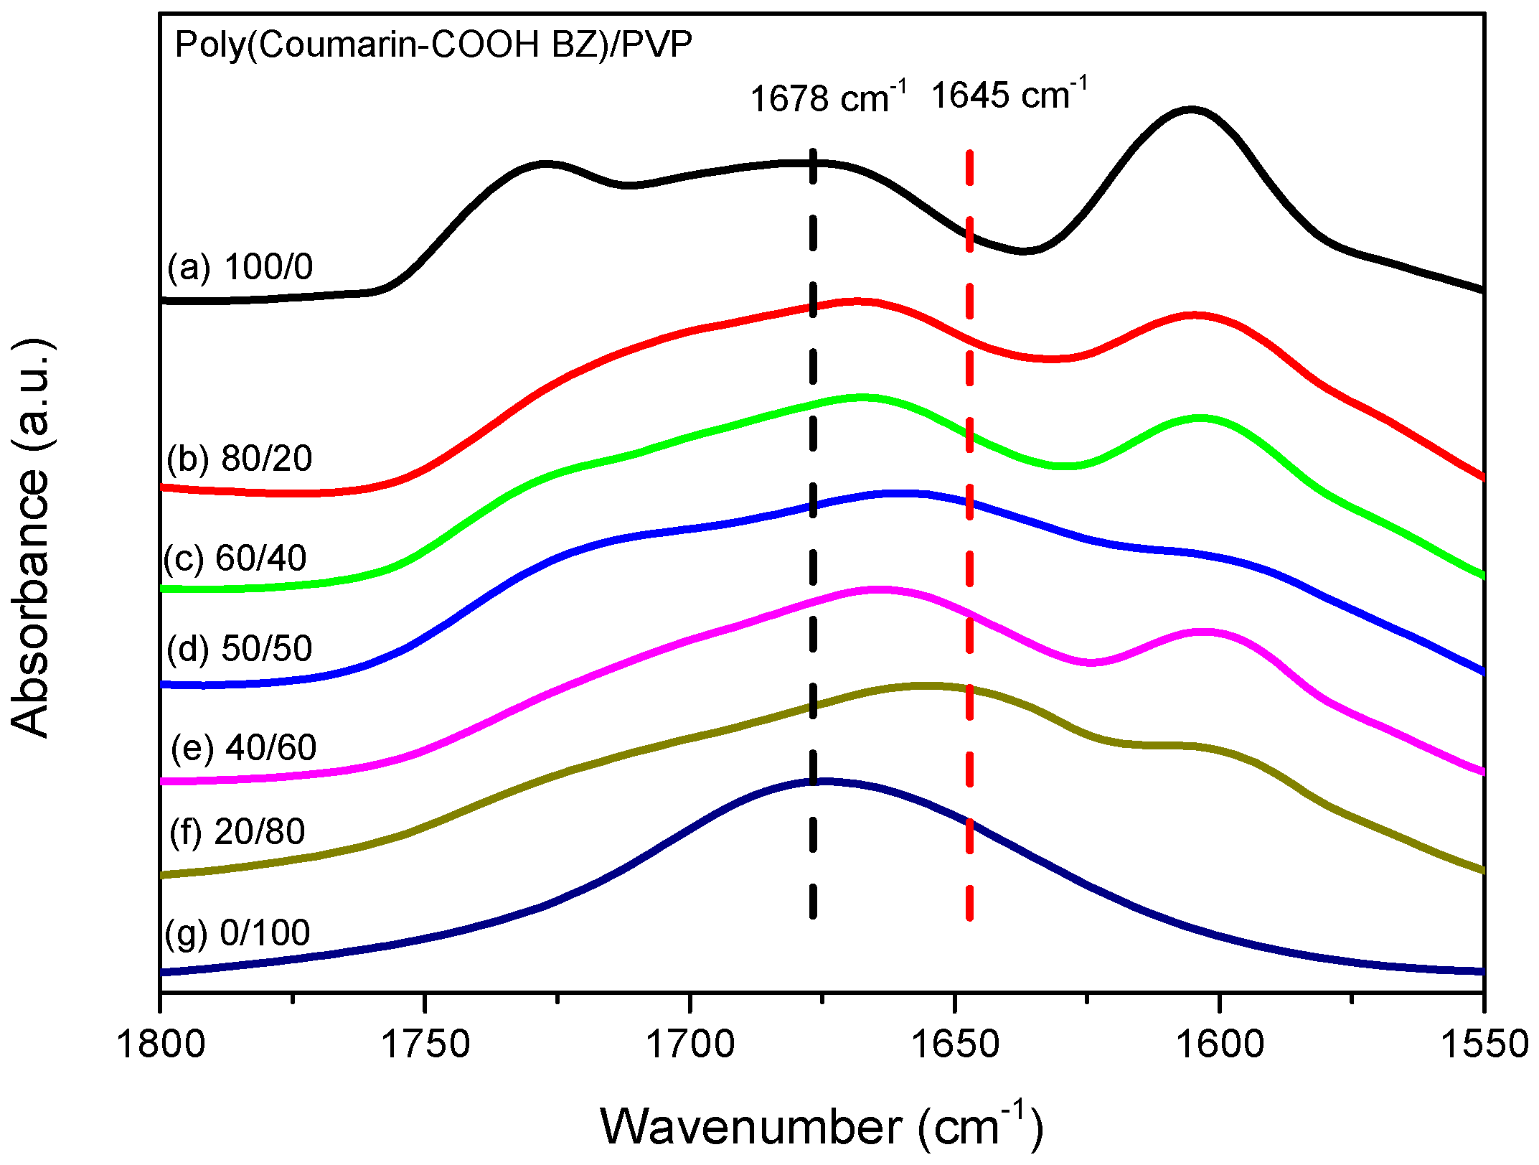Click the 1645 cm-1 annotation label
pos(1008,95)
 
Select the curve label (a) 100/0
pos(240,267)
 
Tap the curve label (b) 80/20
pos(240,458)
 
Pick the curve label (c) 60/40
pos(235,558)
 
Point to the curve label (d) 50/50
pos(240,648)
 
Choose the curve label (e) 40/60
pos(244,748)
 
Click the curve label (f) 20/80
pos(237,832)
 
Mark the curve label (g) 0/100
pos(237,932)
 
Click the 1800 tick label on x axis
pos(161,1044)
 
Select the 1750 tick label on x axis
pos(425,1044)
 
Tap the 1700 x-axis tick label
pos(690,1044)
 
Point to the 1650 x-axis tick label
pos(954,1044)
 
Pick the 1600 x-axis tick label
pos(1219,1044)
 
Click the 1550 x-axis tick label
pos(1484,1044)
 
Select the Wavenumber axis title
pos(822,1126)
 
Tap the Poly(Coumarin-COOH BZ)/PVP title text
pos(433,45)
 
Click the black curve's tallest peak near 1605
pos(1191,109)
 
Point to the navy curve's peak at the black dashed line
pos(818,780)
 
